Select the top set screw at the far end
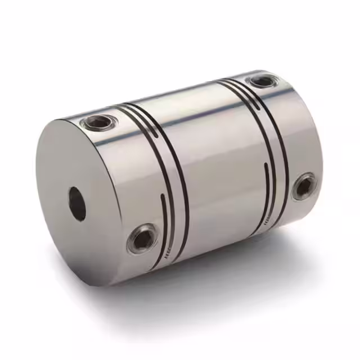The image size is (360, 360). point(263,82)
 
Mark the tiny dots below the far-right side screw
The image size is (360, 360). point(273,217)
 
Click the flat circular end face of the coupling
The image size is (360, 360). point(84,202)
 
